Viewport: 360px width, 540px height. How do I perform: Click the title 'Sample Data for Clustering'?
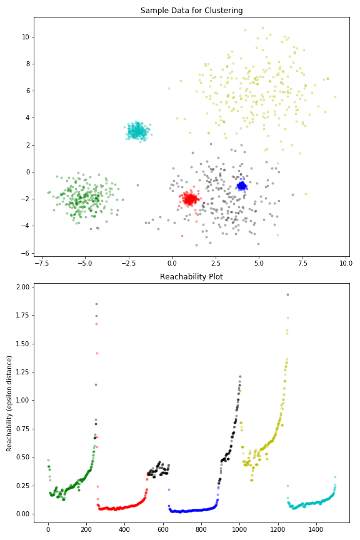[191, 11]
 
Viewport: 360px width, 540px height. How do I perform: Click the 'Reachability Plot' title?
[191, 276]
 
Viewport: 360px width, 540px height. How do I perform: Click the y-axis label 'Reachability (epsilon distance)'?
[9, 403]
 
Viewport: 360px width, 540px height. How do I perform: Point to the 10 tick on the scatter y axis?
[25, 37]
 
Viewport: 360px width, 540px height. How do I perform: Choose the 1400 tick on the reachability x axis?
[316, 529]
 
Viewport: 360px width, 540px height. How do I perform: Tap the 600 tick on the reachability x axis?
[162, 529]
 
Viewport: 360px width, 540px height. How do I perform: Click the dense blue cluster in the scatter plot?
[242, 186]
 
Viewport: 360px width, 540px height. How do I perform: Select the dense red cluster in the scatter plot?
[189, 199]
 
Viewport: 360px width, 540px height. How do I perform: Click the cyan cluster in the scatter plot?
[137, 131]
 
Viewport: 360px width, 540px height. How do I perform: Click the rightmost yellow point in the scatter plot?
[335, 97]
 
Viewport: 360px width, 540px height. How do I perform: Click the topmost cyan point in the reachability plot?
[335, 477]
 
